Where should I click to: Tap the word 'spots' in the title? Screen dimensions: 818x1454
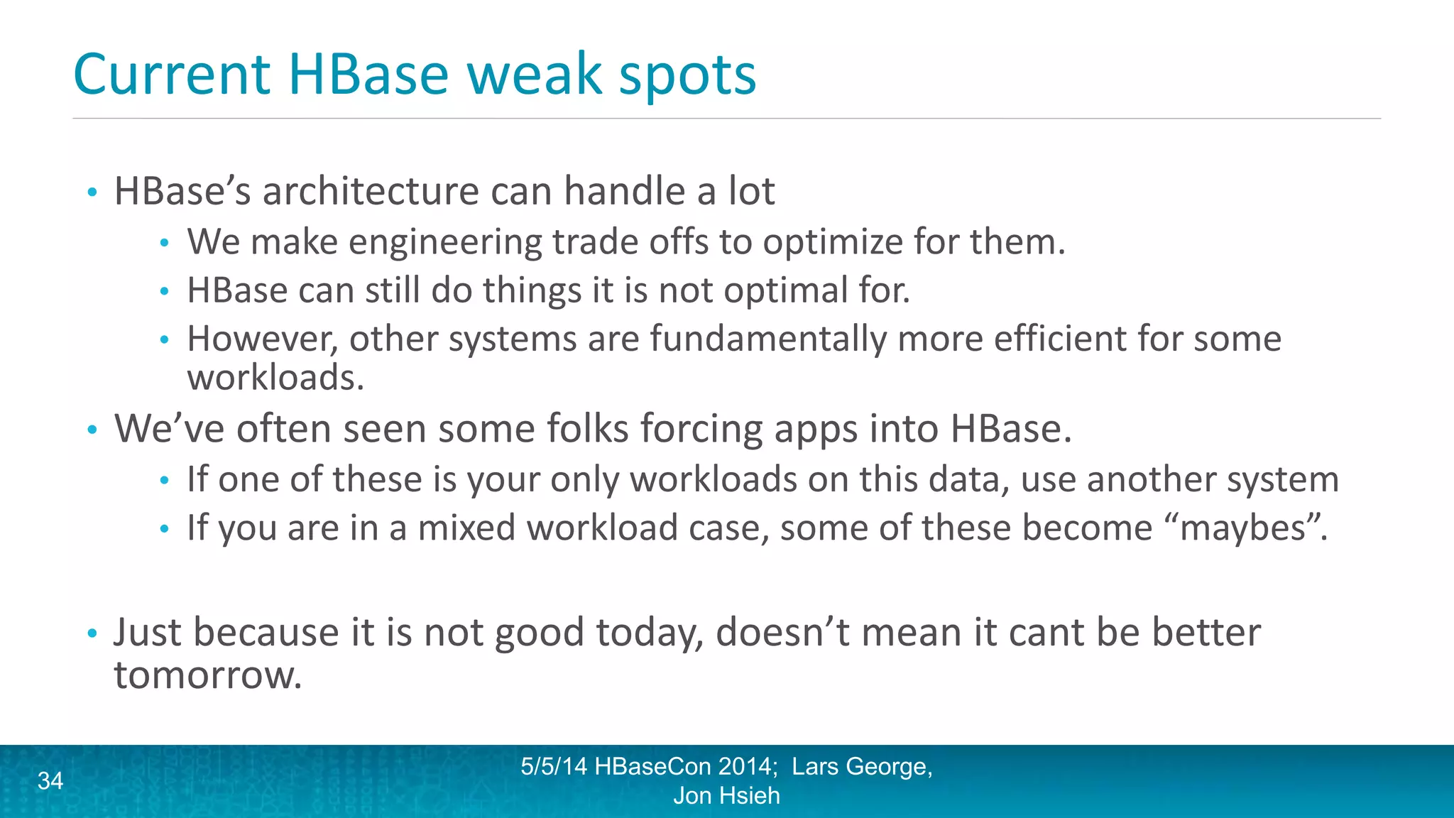click(x=687, y=75)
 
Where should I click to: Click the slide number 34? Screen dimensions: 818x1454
click(x=50, y=781)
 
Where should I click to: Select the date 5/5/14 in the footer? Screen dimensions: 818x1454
click(x=554, y=767)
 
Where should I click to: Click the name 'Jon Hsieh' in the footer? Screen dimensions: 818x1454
click(x=726, y=796)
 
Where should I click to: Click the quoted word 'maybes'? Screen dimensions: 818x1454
click(x=1242, y=528)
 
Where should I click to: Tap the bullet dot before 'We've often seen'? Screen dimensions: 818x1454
click(x=92, y=430)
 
